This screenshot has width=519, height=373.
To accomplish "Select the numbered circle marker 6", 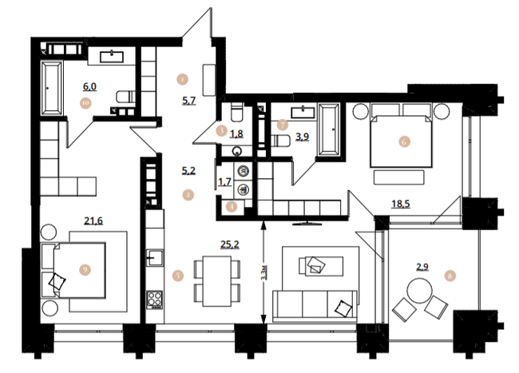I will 404,142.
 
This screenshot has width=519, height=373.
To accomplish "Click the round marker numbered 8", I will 454,276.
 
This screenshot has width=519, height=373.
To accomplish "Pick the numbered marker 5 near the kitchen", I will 178,276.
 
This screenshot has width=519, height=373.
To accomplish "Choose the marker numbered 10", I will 85,101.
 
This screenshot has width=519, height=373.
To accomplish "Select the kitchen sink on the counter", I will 153,257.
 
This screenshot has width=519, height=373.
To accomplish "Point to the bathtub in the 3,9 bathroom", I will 327,130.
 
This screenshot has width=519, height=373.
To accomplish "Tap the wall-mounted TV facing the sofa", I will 304,216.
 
